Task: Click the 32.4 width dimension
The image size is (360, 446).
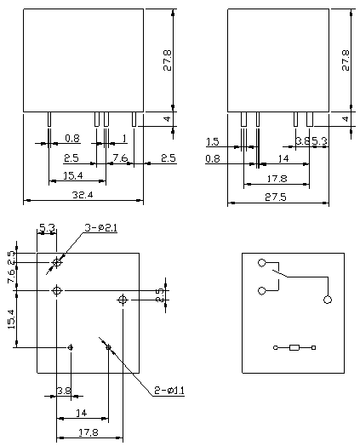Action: tap(83, 195)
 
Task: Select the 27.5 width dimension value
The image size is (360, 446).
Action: tap(276, 197)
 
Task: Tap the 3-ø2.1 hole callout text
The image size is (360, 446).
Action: tap(101, 228)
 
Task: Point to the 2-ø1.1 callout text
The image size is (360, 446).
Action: tap(169, 391)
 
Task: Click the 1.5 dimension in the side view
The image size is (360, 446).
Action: tap(213, 141)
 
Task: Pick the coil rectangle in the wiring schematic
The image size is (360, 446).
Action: tap(294, 347)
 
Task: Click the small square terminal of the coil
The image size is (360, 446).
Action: tap(314, 347)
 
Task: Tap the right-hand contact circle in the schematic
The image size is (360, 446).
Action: tap(328, 300)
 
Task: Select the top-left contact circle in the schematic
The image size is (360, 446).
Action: tap(262, 263)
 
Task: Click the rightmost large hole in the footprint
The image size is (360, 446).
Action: tap(123, 300)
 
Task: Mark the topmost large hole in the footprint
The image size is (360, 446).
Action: tap(57, 262)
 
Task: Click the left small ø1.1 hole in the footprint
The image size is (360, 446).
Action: tap(71, 347)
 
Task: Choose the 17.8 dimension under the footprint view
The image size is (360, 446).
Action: tap(89, 432)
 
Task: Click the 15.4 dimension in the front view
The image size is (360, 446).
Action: tap(73, 176)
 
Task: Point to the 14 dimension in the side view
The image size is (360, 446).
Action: tap(283, 158)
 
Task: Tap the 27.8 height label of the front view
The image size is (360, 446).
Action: tap(168, 60)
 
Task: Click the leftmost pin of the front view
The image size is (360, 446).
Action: tap(49, 119)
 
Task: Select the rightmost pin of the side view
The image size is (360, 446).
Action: tap(310, 119)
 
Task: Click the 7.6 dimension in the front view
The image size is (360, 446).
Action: tap(120, 157)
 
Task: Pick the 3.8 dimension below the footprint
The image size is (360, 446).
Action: tap(64, 391)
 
